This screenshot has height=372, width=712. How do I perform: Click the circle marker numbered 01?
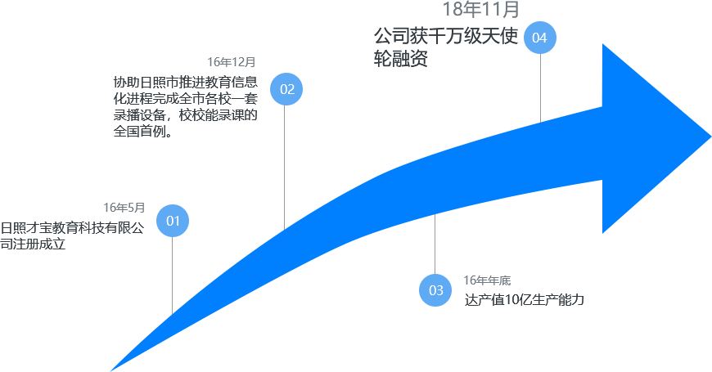[173, 221]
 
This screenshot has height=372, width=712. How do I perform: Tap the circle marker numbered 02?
[286, 89]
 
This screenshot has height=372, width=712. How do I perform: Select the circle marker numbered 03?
[435, 290]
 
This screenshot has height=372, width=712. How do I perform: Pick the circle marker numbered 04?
[539, 38]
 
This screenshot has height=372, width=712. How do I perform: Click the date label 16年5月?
[124, 208]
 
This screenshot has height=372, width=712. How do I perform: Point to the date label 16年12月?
[232, 62]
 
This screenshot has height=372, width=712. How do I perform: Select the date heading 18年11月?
[481, 10]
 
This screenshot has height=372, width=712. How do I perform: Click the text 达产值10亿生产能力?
[524, 300]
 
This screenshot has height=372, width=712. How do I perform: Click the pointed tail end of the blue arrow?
[113, 370]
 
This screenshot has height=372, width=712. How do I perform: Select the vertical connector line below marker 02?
[284, 164]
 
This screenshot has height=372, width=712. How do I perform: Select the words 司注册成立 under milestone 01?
[33, 244]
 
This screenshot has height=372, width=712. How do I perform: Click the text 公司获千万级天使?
[445, 38]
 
